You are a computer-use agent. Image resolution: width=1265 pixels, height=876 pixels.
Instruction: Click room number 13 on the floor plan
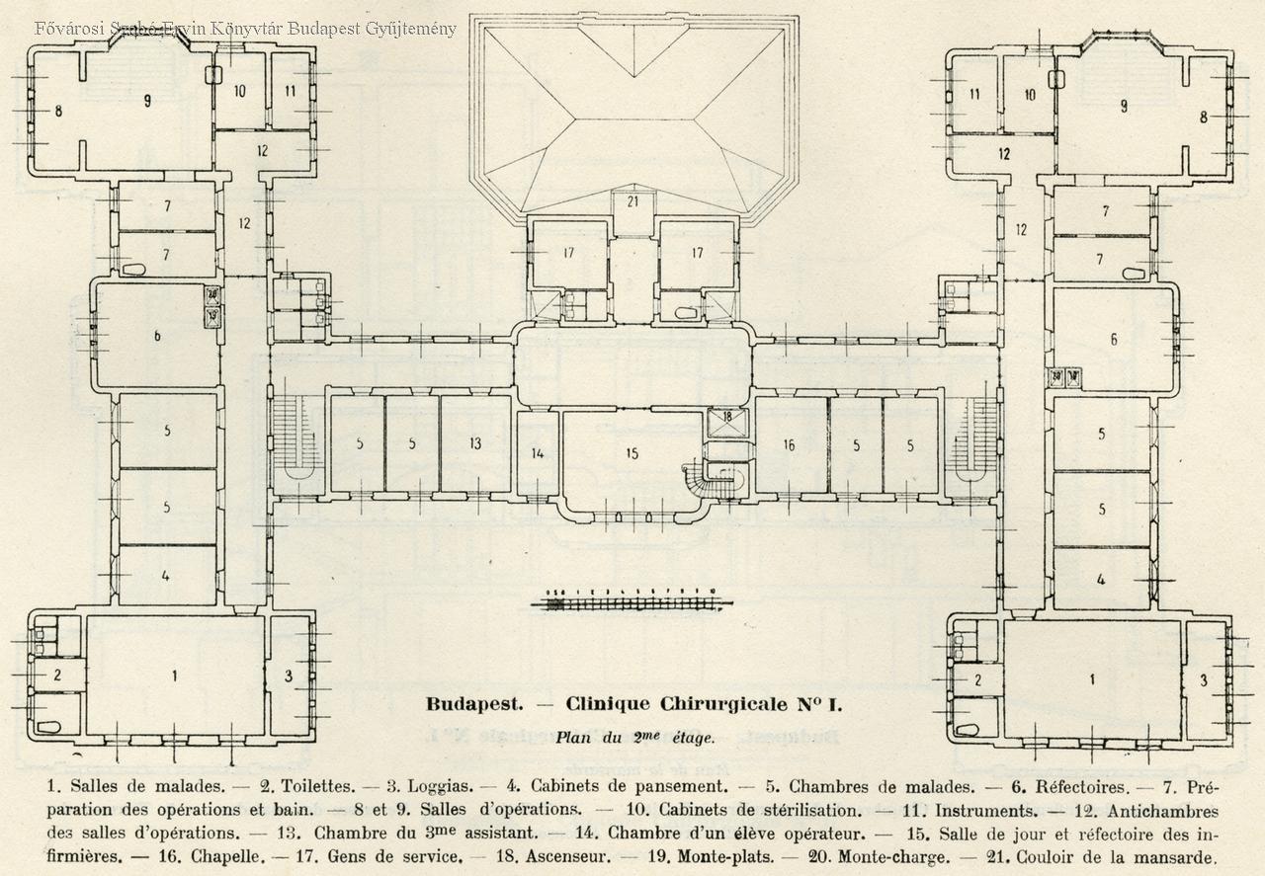point(475,443)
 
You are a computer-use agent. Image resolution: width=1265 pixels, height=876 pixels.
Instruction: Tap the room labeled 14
point(538,453)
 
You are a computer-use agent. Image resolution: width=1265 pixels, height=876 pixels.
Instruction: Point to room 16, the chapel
point(789,445)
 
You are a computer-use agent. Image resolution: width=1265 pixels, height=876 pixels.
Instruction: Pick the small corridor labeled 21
point(632,201)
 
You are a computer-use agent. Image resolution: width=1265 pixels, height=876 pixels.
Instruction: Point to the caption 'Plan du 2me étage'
point(633,736)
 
